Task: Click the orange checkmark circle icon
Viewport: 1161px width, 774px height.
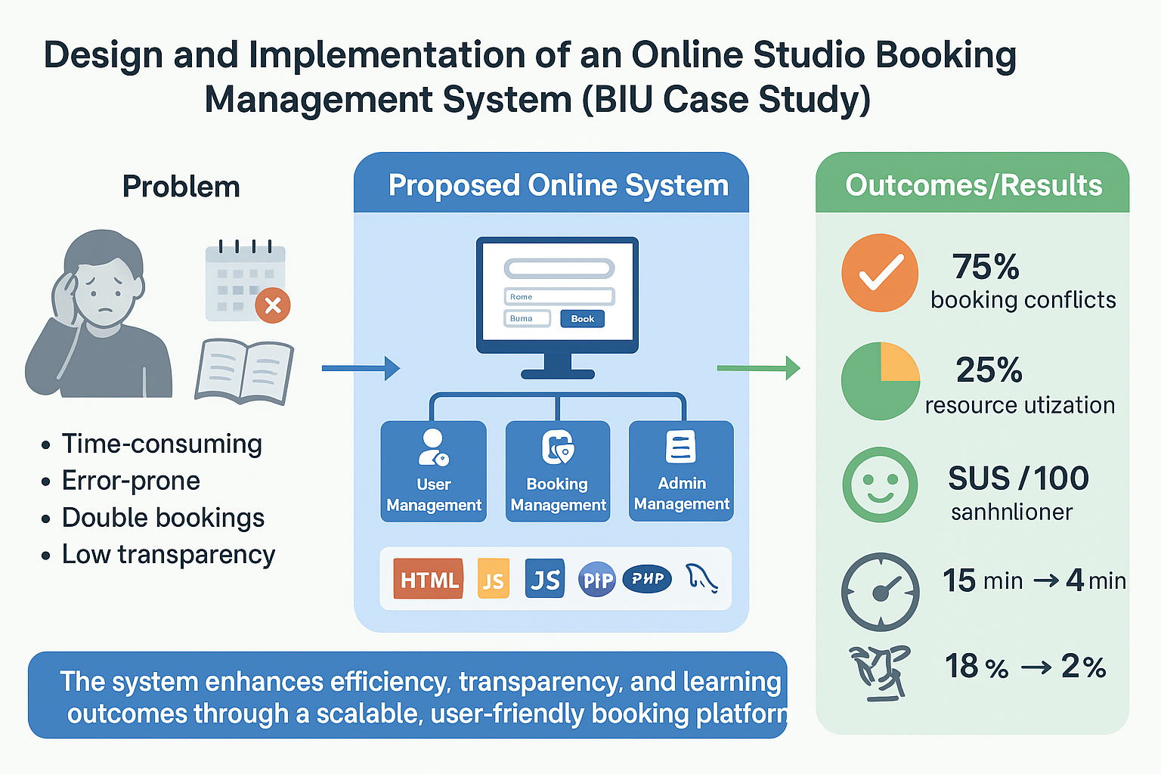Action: click(x=880, y=273)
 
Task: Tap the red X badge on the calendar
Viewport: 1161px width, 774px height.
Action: click(x=273, y=305)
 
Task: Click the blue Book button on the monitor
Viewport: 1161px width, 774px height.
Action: click(x=582, y=319)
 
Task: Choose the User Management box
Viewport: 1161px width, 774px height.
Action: click(x=434, y=471)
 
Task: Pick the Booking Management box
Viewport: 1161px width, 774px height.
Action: click(x=558, y=471)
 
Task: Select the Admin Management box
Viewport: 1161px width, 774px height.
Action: click(x=681, y=471)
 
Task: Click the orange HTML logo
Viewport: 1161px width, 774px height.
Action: click(x=429, y=579)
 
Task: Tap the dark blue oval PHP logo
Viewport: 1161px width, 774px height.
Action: click(x=647, y=579)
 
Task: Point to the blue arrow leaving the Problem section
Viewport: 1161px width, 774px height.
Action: click(x=361, y=368)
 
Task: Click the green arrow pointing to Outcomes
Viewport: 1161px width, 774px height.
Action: click(x=758, y=368)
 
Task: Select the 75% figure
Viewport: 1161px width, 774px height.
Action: click(x=986, y=267)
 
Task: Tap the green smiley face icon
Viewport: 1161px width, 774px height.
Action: click(x=880, y=485)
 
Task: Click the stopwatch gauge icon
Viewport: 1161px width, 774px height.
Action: click(x=880, y=592)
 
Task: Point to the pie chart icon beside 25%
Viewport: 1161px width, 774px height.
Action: click(x=880, y=381)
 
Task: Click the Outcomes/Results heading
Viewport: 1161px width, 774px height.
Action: click(x=974, y=185)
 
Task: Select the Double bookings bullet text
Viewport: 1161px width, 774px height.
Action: click(x=163, y=518)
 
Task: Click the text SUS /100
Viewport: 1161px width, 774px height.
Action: click(x=1018, y=478)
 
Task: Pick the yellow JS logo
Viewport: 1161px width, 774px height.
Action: click(x=494, y=579)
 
